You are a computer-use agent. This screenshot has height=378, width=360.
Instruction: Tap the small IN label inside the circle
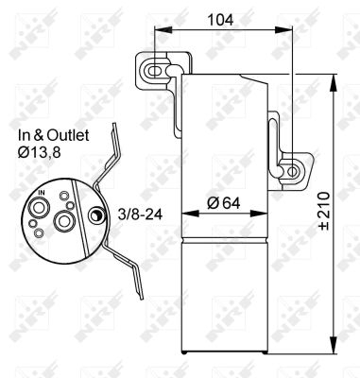40,192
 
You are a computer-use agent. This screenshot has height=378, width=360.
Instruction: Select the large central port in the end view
65,220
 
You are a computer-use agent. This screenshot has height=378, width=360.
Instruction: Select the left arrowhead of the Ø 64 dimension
183,216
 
